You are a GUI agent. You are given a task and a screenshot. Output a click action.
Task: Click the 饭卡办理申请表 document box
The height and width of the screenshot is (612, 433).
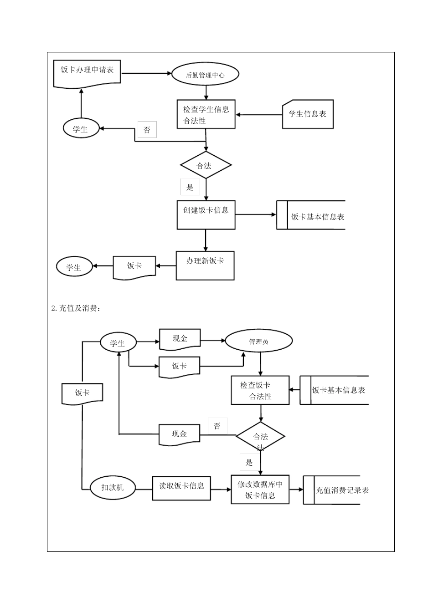coord(87,71)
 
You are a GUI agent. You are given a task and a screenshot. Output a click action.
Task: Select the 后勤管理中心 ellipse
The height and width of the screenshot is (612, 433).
coord(205,75)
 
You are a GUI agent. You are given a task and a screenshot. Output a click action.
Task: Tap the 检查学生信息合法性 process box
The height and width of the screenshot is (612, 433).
coord(206,115)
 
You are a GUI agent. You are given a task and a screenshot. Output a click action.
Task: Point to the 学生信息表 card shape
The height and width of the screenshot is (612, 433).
coord(308,114)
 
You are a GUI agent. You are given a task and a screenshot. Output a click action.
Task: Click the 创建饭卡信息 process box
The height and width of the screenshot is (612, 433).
coord(206,214)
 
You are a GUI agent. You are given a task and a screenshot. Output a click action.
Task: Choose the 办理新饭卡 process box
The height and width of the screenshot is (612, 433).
coord(205,265)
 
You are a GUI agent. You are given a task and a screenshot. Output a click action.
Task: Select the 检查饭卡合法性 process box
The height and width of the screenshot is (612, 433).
coord(260,390)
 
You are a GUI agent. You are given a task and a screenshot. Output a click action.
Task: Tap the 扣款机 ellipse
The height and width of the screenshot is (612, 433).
coord(112,487)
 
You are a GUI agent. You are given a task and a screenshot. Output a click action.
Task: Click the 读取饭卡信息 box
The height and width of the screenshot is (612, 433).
coord(181,487)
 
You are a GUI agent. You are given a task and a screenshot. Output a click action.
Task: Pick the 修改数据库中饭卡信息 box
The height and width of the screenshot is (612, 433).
coord(260,490)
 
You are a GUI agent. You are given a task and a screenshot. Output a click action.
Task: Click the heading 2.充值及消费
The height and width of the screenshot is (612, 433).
coord(76,309)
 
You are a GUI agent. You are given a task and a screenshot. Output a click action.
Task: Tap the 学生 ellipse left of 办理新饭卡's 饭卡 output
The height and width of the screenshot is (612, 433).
coord(74,267)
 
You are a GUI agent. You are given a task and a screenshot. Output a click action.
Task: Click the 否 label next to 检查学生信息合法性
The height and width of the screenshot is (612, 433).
coord(147,130)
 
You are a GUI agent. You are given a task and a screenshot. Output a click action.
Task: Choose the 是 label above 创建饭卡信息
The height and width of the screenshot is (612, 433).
coord(190,187)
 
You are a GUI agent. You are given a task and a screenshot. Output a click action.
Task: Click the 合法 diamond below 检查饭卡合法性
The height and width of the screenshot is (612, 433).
coord(260,437)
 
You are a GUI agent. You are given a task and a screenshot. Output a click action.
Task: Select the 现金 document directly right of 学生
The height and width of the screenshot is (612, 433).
coord(180,339)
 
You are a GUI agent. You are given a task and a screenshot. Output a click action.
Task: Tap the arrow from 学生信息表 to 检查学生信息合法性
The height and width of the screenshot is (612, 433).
coord(259,115)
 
